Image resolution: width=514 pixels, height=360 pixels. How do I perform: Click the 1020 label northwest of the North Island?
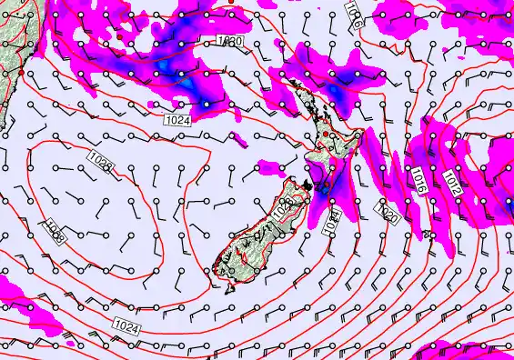230,42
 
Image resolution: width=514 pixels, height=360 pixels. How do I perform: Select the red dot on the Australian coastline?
21,81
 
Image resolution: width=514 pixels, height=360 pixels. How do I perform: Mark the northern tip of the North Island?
290,79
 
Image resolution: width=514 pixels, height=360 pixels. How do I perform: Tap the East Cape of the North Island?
364,135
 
